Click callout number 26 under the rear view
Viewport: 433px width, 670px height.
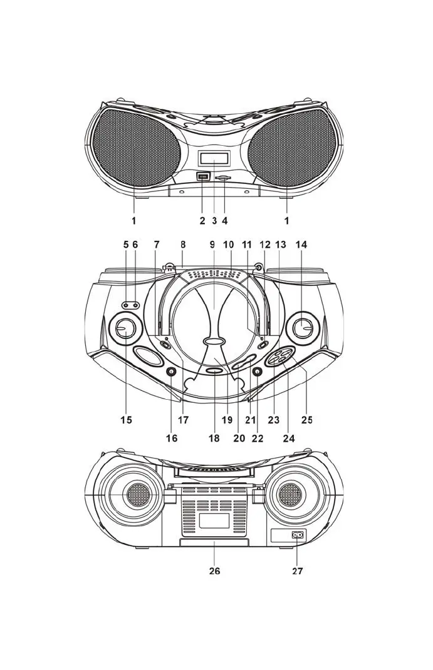(x=214, y=571)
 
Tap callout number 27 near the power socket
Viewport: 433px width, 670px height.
(x=298, y=571)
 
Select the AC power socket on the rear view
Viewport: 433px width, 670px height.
(x=298, y=535)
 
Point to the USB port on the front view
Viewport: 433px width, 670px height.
(x=202, y=177)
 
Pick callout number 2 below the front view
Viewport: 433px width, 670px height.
(x=202, y=220)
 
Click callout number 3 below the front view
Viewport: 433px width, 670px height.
(x=214, y=220)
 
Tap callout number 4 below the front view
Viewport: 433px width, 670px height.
(x=225, y=220)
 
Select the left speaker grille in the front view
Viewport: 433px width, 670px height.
(x=135, y=149)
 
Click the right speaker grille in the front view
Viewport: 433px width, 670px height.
(x=292, y=149)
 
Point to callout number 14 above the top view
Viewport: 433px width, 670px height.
(x=302, y=245)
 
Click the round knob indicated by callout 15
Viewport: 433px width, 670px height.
(x=125, y=327)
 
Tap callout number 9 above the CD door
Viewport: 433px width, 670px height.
(x=212, y=245)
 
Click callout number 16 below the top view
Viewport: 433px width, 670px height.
(x=172, y=438)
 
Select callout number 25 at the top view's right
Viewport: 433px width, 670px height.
(x=306, y=420)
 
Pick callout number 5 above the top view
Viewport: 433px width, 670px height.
(x=126, y=245)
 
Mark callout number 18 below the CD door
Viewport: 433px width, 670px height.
(x=214, y=438)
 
